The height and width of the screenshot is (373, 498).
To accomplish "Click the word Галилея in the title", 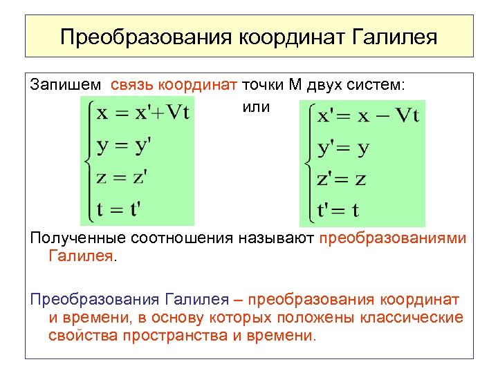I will click(395, 36).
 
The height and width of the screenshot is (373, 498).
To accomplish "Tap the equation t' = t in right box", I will click(339, 208).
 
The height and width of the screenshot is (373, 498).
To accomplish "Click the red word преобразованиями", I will click(393, 238).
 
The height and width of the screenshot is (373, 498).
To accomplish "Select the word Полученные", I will click(74, 238).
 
